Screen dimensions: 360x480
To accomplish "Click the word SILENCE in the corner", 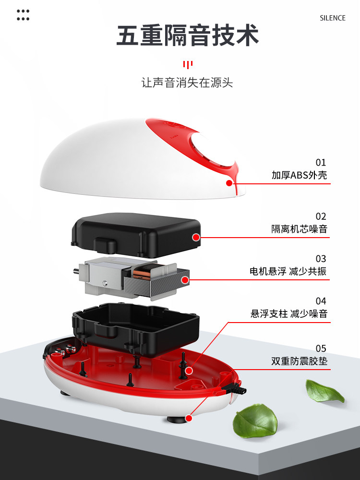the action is pyautogui.click(x=332, y=18).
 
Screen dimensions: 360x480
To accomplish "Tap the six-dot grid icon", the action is pyautogui.click(x=23, y=15).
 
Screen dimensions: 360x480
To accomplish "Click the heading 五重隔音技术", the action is pyautogui.click(x=188, y=36).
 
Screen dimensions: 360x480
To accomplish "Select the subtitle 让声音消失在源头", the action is pyautogui.click(x=187, y=83).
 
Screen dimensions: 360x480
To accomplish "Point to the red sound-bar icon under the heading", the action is pyautogui.click(x=188, y=64).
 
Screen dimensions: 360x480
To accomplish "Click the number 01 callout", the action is pyautogui.click(x=321, y=162).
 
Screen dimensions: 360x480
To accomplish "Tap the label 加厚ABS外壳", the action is pyautogui.click(x=299, y=175).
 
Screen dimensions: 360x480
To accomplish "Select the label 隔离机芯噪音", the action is pyautogui.click(x=299, y=229).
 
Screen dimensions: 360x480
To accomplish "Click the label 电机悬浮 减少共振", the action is pyautogui.click(x=288, y=271).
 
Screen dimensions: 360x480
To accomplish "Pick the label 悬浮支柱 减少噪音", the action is pyautogui.click(x=288, y=314).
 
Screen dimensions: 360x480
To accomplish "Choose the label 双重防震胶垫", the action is pyautogui.click(x=299, y=361).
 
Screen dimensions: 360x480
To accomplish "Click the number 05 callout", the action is pyautogui.click(x=321, y=348).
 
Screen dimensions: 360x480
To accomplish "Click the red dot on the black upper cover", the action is pyautogui.click(x=195, y=237).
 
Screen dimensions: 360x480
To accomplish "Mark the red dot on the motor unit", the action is pyautogui.click(x=185, y=279).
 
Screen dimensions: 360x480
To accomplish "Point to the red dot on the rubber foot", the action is pyautogui.click(x=189, y=419).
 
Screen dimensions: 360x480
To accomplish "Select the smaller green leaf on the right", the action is pyautogui.click(x=324, y=390).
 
